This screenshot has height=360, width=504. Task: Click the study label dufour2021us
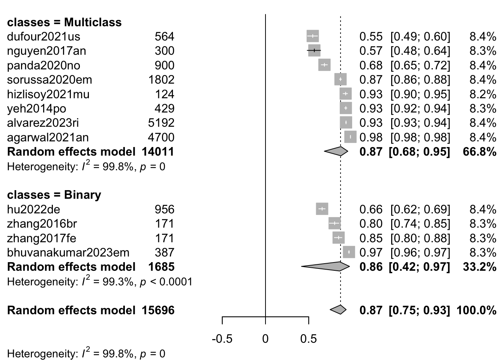coord(43,36)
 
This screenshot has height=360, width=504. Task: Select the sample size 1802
coord(161,79)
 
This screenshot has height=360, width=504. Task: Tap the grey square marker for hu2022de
coord(322,209)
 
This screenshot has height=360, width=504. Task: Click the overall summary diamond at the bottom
coord(339,310)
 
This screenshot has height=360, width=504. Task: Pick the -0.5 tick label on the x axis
coord(222,339)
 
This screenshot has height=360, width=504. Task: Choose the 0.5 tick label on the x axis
coord(308,339)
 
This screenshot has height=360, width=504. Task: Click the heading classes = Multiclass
coord(64,22)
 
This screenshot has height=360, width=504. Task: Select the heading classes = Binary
coord(54,195)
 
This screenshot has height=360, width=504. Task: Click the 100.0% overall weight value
coord(476,310)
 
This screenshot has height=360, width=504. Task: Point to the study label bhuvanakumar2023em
coord(68,252)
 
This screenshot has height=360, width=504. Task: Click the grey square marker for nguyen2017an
coord(314,50)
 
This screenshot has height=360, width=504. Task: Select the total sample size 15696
coord(158,310)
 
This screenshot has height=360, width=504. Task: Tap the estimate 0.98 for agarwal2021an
coord(371,137)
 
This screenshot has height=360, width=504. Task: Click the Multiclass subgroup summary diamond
coord(337,151)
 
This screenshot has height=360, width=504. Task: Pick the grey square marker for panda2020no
coord(324,65)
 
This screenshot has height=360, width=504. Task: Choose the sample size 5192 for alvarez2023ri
coord(161,123)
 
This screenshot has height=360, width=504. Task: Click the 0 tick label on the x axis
coord(265,339)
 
